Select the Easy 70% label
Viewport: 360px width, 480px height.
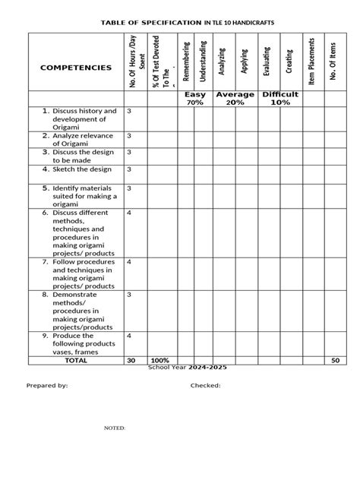click(x=195, y=98)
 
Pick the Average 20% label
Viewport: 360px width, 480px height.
click(x=235, y=98)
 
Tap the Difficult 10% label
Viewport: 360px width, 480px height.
click(x=279, y=98)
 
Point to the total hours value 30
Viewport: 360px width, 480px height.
click(x=131, y=360)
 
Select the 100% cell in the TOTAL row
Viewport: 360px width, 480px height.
click(x=159, y=360)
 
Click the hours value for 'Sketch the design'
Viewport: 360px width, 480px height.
click(x=129, y=169)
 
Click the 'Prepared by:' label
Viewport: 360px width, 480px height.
click(x=47, y=386)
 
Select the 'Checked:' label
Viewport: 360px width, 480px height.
click(x=205, y=386)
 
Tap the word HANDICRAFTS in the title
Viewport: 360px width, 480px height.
click(x=250, y=24)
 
